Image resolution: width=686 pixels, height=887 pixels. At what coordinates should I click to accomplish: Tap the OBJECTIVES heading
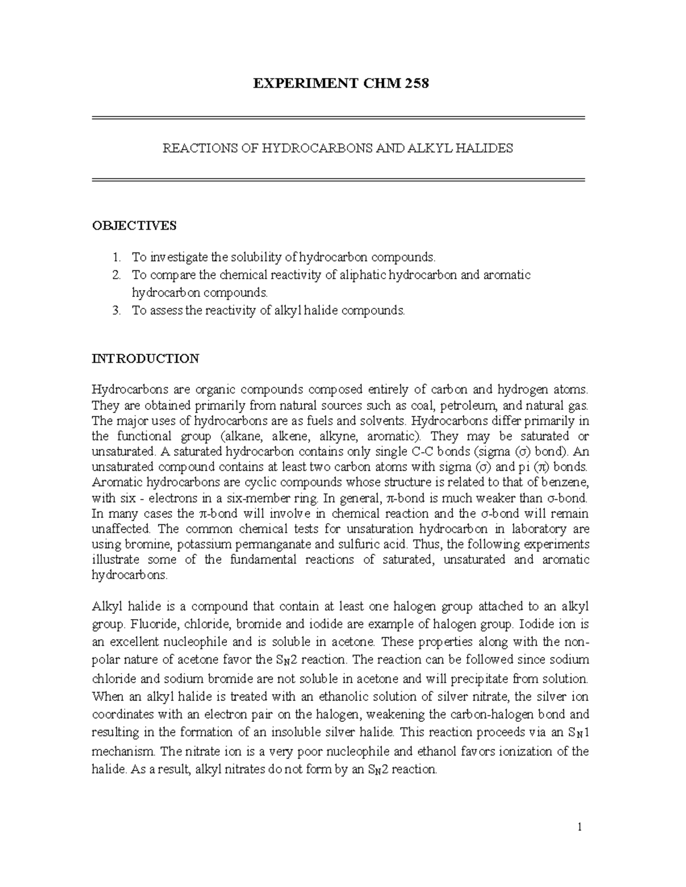[134, 226]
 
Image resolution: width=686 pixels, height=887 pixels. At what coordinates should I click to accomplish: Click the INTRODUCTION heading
[146, 359]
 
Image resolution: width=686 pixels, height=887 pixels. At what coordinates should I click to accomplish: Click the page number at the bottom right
[579, 826]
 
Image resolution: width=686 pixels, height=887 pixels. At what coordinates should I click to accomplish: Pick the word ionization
[519, 751]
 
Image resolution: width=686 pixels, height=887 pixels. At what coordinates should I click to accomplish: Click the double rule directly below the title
[338, 118]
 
